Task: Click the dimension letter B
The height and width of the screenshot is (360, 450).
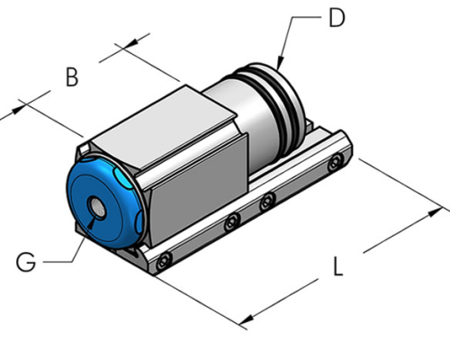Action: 71,77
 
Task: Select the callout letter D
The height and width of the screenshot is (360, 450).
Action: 336,18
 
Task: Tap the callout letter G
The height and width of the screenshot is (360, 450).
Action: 26,262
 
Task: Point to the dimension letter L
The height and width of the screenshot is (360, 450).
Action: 336,267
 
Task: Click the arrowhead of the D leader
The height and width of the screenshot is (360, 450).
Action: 280,67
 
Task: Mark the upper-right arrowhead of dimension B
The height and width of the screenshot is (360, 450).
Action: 143,40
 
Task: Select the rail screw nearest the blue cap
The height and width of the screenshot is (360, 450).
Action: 162,264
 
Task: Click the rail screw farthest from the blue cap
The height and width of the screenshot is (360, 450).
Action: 335,163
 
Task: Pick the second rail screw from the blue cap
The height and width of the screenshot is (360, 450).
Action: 231,220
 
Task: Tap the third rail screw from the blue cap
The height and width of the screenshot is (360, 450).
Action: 266,202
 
